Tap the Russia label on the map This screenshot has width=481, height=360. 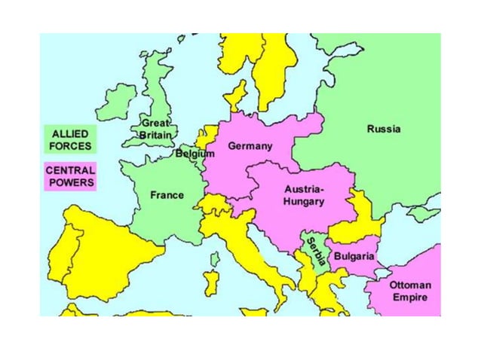384,129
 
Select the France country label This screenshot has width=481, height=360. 167,195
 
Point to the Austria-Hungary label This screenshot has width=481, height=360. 305,195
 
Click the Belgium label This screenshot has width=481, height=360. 195,154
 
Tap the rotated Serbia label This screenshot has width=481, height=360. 314,255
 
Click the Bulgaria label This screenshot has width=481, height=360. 354,257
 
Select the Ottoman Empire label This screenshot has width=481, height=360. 410,291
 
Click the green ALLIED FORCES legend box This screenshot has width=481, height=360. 71,140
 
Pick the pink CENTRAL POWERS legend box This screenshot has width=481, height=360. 71,176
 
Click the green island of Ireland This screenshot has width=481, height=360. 116,102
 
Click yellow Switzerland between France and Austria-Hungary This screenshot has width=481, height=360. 216,205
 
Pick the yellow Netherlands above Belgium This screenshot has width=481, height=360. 203,137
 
